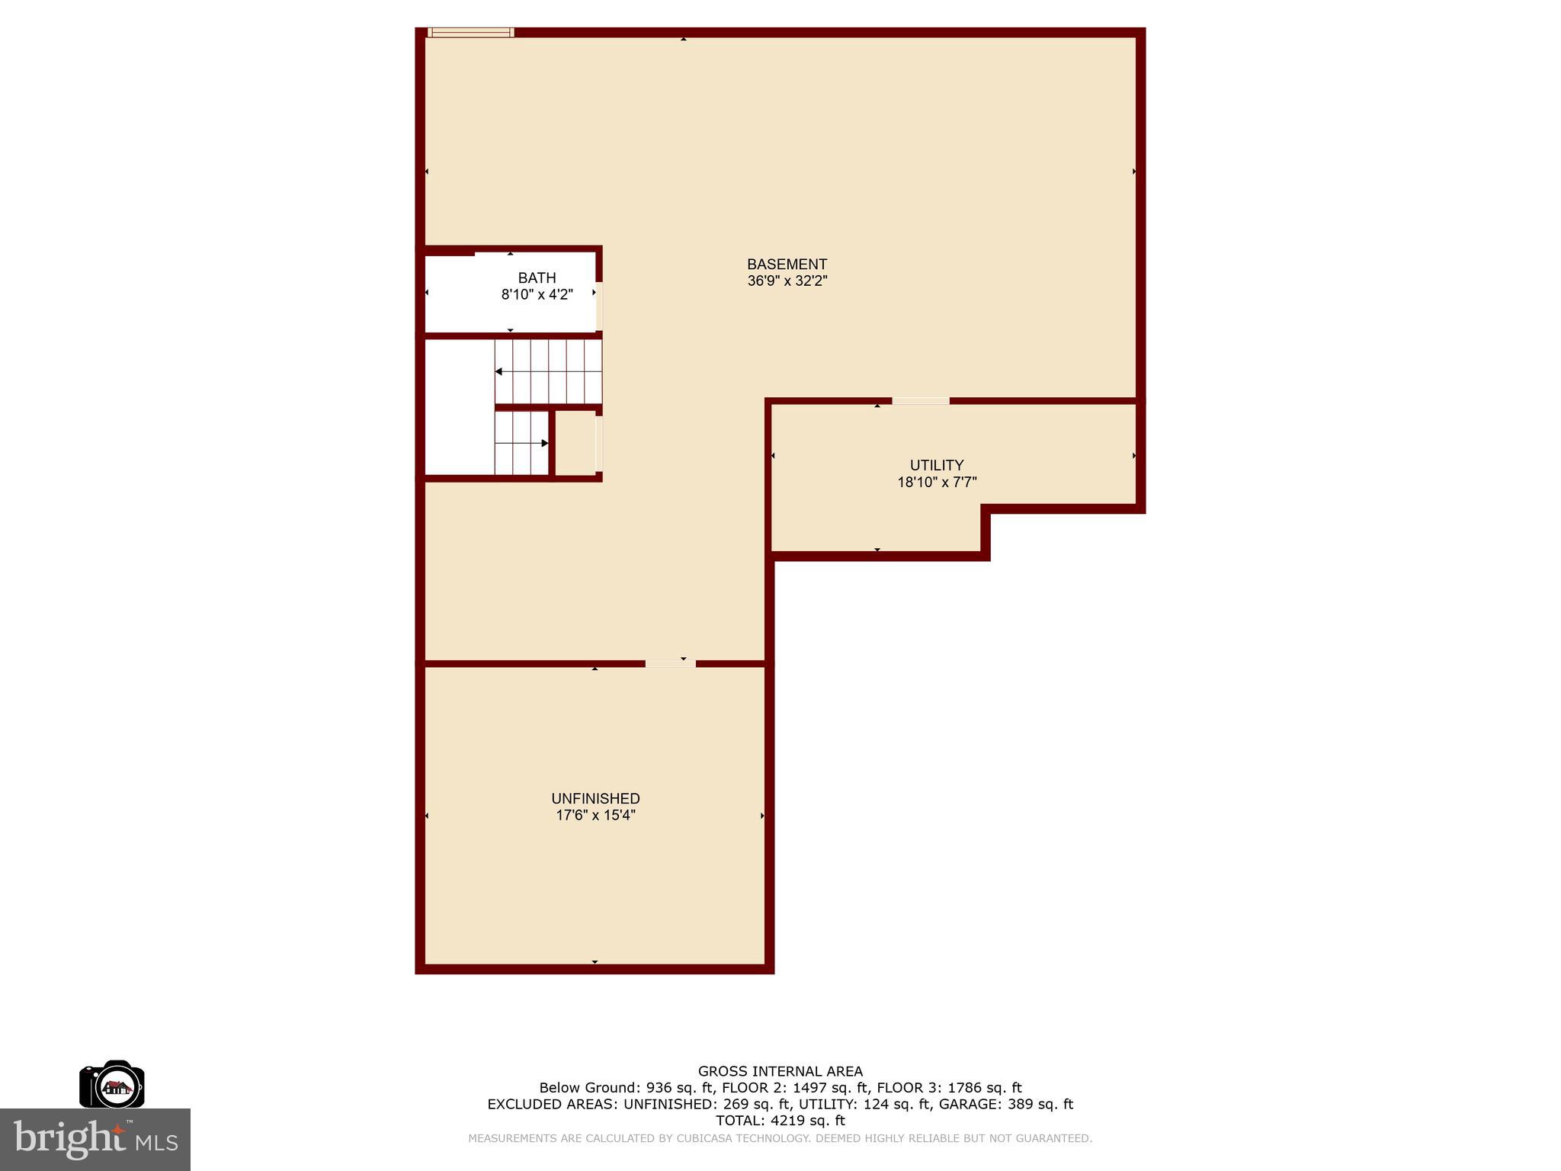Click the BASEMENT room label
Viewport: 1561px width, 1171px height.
787,265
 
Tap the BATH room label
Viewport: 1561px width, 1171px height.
537,278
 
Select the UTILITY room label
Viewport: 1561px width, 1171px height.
937,465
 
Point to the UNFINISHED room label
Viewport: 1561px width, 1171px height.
595,799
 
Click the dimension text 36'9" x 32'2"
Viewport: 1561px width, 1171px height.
787,281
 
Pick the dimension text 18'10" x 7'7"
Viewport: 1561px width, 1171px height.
937,482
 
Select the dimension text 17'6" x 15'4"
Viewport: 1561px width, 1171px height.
595,816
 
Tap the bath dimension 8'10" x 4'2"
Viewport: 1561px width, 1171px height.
537,295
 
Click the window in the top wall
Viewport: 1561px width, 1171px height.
470,33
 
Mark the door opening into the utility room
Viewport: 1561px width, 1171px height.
921,401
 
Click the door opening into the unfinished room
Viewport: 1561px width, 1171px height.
670,663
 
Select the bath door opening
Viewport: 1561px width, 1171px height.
599,306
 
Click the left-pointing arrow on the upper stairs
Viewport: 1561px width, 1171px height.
498,371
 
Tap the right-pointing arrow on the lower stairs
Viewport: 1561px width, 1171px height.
544,443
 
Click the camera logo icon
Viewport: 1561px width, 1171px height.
112,1084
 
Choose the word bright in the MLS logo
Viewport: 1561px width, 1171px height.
69,1138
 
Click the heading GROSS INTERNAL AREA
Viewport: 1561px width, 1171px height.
780,1071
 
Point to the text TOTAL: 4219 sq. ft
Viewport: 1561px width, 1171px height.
780,1121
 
